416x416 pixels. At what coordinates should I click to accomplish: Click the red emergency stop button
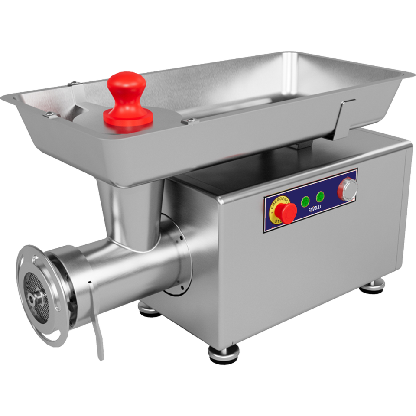286,212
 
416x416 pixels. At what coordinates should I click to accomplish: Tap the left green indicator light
305,201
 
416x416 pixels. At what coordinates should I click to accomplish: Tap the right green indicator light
320,196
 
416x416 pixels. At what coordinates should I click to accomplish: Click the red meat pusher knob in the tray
127,99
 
